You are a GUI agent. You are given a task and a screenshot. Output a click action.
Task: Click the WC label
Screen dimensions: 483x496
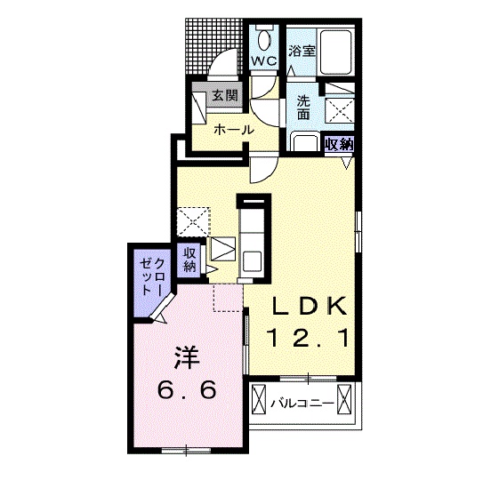tap(264, 61)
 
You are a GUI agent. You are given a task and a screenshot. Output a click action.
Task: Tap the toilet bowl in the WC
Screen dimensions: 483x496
tap(264, 40)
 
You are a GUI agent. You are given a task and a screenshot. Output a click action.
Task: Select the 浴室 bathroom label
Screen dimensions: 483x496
tap(302, 52)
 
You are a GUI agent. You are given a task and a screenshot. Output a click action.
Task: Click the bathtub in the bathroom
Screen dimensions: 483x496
tap(335, 52)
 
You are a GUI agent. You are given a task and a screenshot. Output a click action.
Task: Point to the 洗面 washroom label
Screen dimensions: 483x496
tap(303, 108)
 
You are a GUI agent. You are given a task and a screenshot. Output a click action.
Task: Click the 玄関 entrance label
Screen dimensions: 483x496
tap(225, 95)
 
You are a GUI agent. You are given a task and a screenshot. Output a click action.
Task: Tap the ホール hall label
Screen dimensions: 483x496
tap(234, 130)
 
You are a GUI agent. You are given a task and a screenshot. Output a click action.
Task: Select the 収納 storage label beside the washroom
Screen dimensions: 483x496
tap(339, 144)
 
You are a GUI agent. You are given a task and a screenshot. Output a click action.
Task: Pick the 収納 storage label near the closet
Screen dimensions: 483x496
tap(189, 260)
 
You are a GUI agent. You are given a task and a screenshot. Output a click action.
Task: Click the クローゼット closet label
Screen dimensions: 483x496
tap(153, 276)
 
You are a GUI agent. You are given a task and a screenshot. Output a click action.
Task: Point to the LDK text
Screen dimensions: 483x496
tap(310, 306)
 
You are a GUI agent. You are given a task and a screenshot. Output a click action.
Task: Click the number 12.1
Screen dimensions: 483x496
tap(309, 338)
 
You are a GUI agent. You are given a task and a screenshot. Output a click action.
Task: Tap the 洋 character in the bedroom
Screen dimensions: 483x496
tap(187, 357)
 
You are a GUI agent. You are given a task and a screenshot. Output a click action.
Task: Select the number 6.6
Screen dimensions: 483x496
tap(187, 389)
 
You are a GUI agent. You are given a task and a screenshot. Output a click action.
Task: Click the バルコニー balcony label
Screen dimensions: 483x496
tap(302, 404)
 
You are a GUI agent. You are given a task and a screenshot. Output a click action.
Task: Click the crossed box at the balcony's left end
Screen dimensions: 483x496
tap(259, 399)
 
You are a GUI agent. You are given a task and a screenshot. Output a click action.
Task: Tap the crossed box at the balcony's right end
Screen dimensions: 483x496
tap(344, 399)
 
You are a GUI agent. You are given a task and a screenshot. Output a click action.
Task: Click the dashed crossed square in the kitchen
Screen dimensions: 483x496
tap(193, 221)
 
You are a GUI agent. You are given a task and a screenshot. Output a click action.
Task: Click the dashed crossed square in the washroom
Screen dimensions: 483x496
tap(340, 109)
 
